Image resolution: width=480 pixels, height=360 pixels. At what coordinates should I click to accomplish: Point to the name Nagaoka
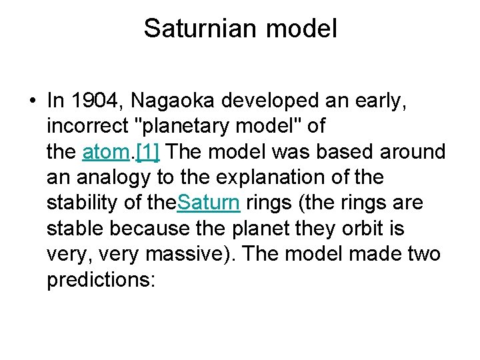click(x=174, y=101)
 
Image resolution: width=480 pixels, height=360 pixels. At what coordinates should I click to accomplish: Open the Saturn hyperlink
click(x=209, y=203)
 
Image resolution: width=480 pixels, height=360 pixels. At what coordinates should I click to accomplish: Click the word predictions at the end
click(x=100, y=279)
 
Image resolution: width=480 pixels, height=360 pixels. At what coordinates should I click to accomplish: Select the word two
click(x=424, y=254)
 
